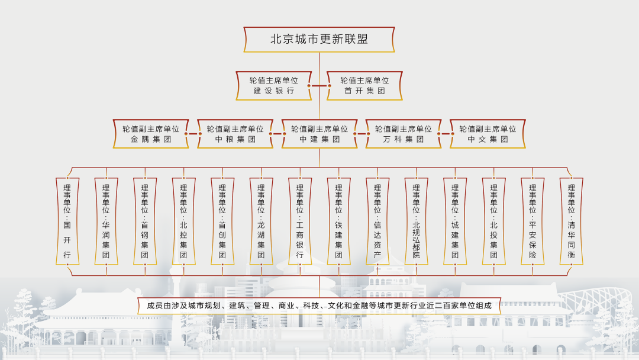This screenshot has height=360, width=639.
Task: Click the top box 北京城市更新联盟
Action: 319,40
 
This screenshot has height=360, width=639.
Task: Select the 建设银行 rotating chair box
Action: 273,86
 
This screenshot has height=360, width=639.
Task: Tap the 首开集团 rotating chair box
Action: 364,86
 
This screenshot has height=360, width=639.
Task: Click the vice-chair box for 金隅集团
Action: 151,134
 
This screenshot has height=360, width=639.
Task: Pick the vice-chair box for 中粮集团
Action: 235,134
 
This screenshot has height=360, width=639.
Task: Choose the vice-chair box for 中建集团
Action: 319,134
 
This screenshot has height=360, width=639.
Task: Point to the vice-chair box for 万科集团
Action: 404,134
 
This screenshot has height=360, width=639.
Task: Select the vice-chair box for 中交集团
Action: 488,134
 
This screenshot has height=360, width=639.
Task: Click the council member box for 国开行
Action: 67,221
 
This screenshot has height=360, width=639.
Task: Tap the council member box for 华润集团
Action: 106,221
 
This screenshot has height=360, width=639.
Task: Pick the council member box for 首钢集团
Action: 145,221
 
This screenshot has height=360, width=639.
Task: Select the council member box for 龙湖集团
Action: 262,221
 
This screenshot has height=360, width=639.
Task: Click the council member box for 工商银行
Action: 300,221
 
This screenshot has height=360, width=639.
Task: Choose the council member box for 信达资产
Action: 377,221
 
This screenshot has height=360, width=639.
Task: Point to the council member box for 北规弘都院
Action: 416,221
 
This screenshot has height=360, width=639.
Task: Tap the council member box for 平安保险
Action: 532,221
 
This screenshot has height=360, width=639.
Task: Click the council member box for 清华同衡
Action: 572,221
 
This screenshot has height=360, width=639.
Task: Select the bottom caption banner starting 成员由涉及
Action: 319,306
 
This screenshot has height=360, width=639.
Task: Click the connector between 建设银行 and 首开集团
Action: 319,86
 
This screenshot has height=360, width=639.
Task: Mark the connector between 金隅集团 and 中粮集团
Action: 193,134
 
